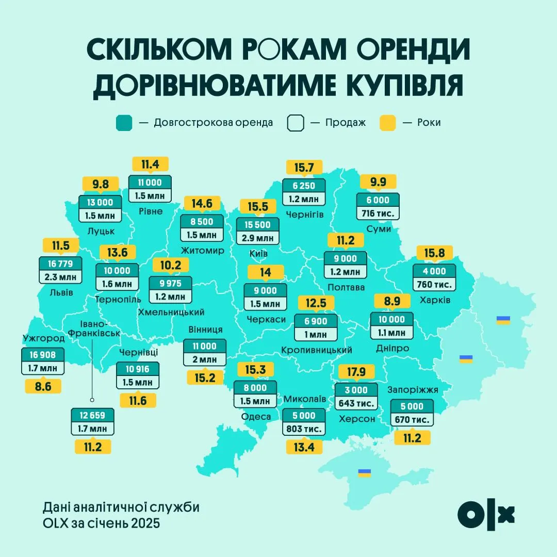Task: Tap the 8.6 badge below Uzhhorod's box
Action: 43,386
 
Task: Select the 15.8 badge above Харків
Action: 434,254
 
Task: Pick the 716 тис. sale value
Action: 379,212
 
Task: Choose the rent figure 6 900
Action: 315,321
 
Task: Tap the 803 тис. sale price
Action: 304,429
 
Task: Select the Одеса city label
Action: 256,417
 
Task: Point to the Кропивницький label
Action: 317,350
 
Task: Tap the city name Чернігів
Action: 303,214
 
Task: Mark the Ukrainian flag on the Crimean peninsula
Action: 365,472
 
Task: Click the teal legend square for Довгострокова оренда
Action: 124,123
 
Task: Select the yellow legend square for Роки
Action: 387,123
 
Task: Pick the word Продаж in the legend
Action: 345,123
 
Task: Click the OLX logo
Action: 486,514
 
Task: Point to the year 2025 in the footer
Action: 145,523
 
